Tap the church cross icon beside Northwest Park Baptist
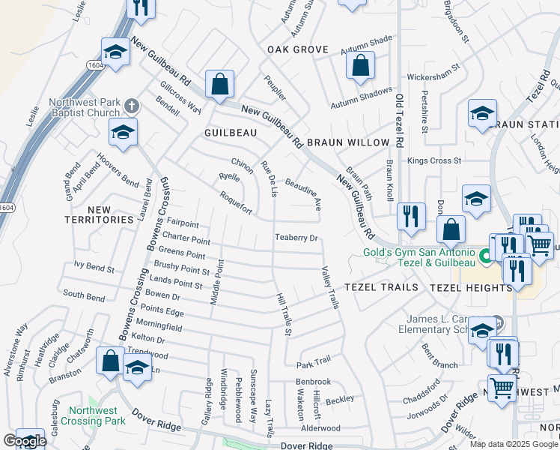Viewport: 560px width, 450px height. tap(133, 105)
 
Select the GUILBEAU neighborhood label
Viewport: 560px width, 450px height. tap(231, 132)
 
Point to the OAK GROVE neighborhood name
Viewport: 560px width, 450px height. tap(298, 49)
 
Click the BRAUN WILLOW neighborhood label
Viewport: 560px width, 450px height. tap(348, 142)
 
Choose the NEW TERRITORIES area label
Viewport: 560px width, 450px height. tap(99, 214)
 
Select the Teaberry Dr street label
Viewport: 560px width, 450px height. tap(297, 238)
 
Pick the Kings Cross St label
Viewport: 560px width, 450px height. tap(435, 160)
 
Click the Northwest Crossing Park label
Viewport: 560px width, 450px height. tap(94, 416)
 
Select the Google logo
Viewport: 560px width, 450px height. tap(25, 441)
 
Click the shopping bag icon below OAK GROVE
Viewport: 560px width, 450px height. tap(360, 65)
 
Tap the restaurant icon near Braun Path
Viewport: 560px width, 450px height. tap(411, 217)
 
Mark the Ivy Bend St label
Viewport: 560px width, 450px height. tap(94, 266)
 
